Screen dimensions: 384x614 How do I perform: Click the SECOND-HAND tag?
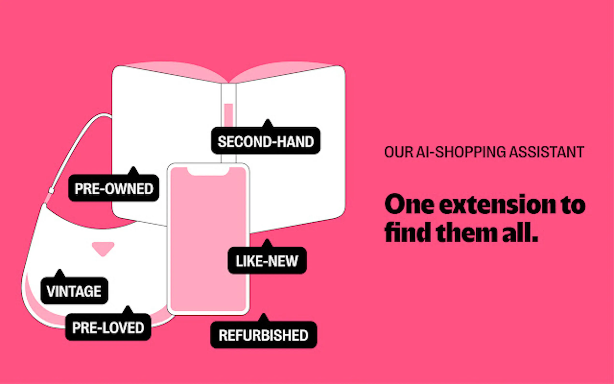coord(266,141)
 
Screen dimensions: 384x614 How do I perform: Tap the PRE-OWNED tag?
coord(114,188)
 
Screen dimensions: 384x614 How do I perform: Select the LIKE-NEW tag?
coord(267,261)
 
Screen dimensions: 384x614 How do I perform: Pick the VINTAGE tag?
coord(74,291)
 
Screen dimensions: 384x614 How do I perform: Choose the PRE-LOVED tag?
coord(108,327)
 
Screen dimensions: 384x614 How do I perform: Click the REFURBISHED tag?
coord(264,335)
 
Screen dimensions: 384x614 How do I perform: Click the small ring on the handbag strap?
coord(51,191)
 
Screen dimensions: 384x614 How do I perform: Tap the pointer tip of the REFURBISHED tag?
coord(264,316)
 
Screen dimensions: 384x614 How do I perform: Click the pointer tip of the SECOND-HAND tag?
coord(268,121)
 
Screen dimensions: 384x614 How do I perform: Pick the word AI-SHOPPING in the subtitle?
coord(461,152)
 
